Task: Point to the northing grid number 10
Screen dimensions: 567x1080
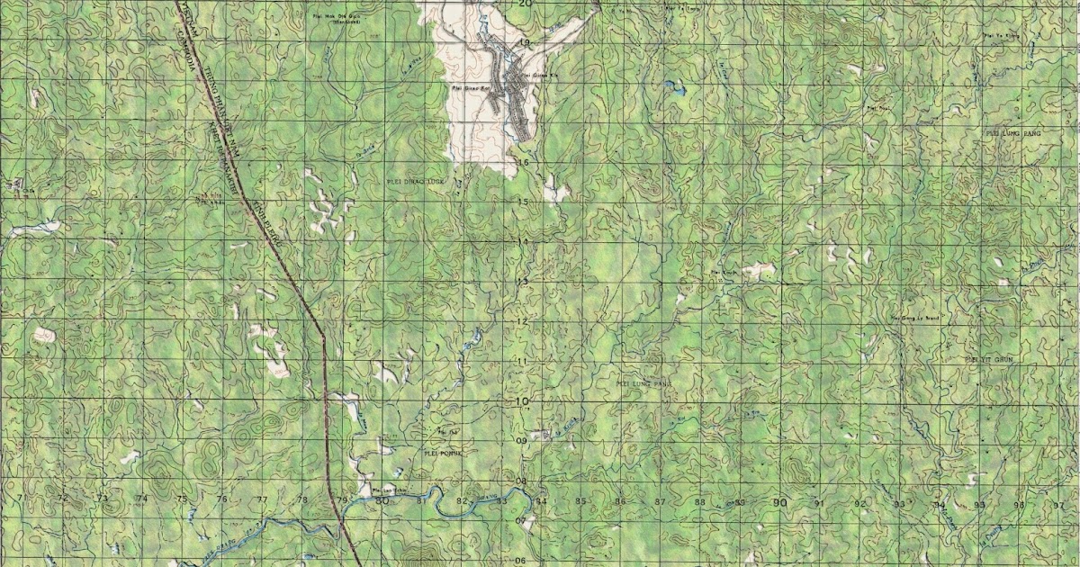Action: coord(521,401)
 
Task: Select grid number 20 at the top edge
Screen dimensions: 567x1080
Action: coord(524,4)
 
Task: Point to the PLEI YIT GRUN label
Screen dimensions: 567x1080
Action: coord(988,358)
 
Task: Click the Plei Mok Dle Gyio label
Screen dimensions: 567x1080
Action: coord(328,17)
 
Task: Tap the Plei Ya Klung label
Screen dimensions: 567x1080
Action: coord(999,36)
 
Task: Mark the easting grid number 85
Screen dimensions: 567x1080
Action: coord(581,501)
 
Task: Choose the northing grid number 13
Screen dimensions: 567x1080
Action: coord(521,282)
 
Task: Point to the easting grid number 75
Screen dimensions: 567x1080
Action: coord(181,499)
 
